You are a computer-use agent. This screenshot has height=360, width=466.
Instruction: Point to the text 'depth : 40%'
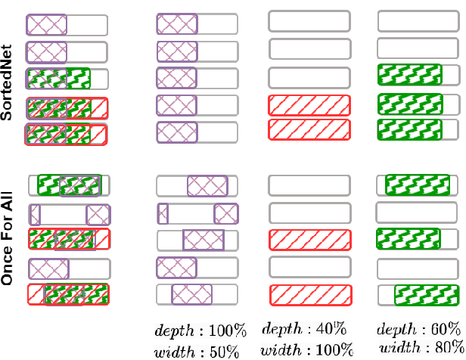(x=305, y=329)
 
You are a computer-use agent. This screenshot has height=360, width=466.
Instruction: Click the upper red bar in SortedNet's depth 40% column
(x=309, y=104)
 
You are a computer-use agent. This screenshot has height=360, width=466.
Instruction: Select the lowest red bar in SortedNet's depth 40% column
(x=309, y=129)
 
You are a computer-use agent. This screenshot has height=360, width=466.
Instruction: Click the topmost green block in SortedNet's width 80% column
(x=409, y=75)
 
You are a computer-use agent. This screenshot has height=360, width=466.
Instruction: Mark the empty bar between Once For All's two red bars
(x=309, y=267)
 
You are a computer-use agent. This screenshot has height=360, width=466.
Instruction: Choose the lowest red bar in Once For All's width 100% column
(x=309, y=293)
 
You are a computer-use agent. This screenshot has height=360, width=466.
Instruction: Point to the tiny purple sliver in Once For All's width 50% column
(x=163, y=212)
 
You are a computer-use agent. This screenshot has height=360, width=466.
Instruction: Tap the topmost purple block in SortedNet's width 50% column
(x=176, y=24)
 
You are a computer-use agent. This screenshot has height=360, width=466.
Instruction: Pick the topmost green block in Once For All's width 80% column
(x=417, y=185)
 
